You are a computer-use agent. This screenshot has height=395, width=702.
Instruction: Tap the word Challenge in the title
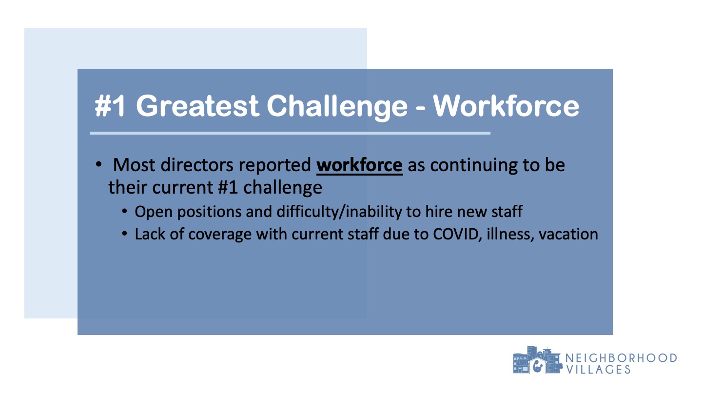click(x=337, y=107)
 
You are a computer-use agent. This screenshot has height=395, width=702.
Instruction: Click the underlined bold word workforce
click(x=359, y=165)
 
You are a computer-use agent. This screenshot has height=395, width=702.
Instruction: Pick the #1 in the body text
click(x=228, y=187)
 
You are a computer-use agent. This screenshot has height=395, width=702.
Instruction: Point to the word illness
click(x=510, y=234)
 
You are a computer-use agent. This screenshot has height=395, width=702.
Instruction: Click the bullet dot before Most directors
click(x=98, y=164)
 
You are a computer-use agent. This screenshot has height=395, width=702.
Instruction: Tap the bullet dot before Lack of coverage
click(x=124, y=234)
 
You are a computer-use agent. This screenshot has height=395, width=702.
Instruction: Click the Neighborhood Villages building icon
click(x=537, y=360)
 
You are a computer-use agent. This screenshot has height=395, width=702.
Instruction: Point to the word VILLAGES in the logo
click(x=598, y=370)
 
